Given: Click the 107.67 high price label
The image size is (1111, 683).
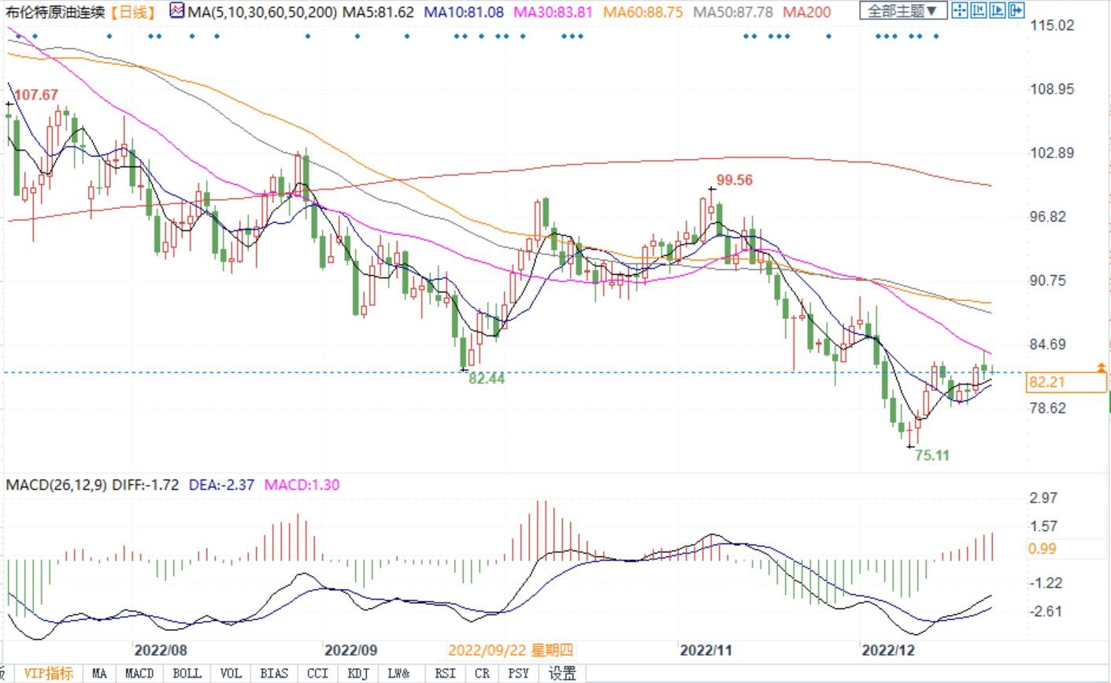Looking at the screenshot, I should pyautogui.click(x=36, y=95).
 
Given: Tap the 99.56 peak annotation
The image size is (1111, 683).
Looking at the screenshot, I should pyautogui.click(x=735, y=180).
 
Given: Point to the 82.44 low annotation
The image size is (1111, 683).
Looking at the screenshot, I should pyautogui.click(x=487, y=379).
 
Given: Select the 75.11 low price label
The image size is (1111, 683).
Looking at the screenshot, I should pyautogui.click(x=932, y=455).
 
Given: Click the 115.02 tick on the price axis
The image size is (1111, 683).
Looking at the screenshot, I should pyautogui.click(x=1051, y=25).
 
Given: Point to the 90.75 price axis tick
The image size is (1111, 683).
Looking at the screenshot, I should pyautogui.click(x=1051, y=280).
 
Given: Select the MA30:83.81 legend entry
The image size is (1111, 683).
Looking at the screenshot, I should pyautogui.click(x=554, y=12).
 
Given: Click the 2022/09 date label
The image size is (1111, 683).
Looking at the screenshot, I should pyautogui.click(x=352, y=651).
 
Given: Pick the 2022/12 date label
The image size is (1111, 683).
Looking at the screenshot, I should pyautogui.click(x=889, y=651).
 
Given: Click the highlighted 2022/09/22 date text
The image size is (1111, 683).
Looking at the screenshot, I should pyautogui.click(x=510, y=651).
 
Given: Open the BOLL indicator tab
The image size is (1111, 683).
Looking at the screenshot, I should pyautogui.click(x=187, y=674).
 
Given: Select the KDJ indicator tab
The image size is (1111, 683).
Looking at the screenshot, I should pyautogui.click(x=358, y=674).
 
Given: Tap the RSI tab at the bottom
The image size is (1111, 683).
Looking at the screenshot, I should pyautogui.click(x=445, y=674).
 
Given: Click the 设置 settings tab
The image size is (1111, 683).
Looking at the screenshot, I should pyautogui.click(x=562, y=674).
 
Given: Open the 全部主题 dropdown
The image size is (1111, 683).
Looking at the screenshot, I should pyautogui.click(x=902, y=11).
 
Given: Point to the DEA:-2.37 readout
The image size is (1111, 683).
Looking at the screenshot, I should pyautogui.click(x=222, y=484).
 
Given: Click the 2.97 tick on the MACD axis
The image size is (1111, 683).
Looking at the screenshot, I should pyautogui.click(x=1043, y=498).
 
